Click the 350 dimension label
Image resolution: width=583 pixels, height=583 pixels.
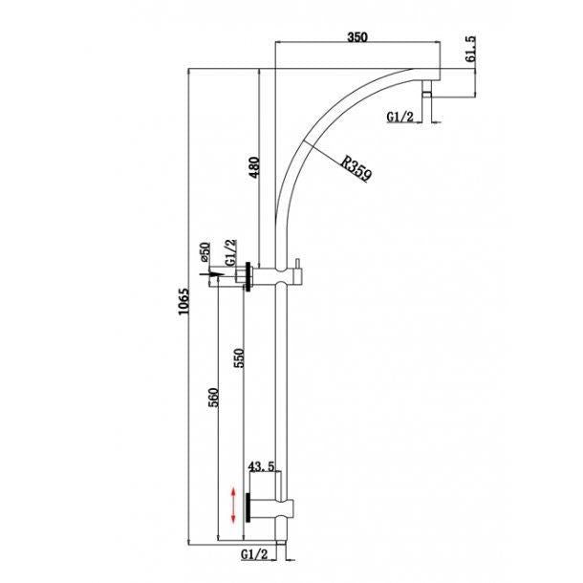356,37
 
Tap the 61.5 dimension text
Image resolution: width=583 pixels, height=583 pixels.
470,49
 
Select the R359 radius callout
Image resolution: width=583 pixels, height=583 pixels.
356,169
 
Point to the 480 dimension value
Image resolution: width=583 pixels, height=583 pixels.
254,167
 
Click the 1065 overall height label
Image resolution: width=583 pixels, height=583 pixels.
184,302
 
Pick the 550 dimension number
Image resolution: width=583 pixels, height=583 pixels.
239,357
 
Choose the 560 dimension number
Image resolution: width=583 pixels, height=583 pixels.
213,398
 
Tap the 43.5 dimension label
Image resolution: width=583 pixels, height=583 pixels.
262,466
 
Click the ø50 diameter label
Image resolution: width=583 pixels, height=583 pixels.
205,251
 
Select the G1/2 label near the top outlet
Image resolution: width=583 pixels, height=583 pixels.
400,118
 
